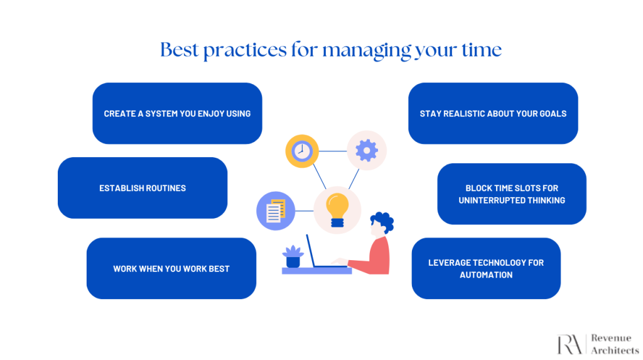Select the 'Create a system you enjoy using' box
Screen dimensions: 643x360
pyautogui.click(x=177, y=113)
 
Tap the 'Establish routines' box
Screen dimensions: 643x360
pyautogui.click(x=143, y=188)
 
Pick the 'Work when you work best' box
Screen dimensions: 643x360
pyautogui.click(x=171, y=268)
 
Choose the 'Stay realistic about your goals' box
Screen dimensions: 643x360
pyautogui.click(x=493, y=113)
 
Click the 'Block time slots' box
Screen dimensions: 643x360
pyautogui.click(x=512, y=194)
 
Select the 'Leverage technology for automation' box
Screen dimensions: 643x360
pyautogui.click(x=486, y=268)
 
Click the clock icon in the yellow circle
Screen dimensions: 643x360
pyautogui.click(x=302, y=151)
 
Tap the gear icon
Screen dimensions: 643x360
pyautogui.click(x=367, y=151)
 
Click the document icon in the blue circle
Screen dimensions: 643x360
pyautogui.click(x=276, y=210)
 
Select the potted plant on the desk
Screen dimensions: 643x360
pyautogui.click(x=293, y=256)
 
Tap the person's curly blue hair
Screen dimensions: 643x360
pyautogui.click(x=383, y=222)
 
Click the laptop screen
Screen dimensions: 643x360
pyautogui.click(x=310, y=251)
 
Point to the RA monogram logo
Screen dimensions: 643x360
pyautogui.click(x=570, y=344)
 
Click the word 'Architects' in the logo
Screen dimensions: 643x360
pyautogui.click(x=615, y=350)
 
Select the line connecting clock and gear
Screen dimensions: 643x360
pyautogui.click(x=333, y=151)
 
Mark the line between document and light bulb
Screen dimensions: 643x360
pyautogui.click(x=305, y=211)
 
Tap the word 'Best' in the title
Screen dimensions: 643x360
pyautogui.click(x=180, y=50)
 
